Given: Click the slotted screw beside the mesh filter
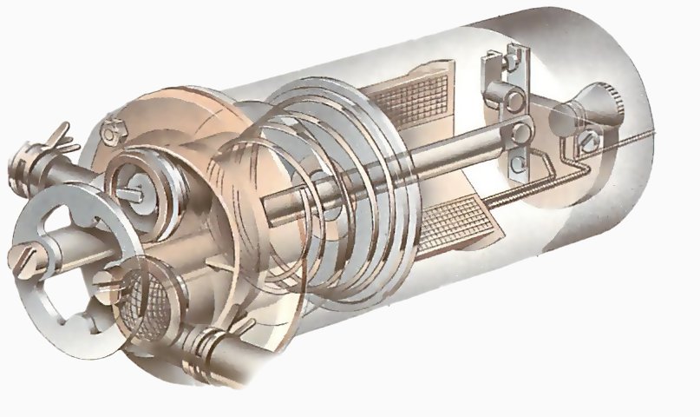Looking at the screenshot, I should (x=105, y=280).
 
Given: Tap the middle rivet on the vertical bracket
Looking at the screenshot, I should (x=520, y=133).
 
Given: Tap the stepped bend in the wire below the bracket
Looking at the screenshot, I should (x=568, y=160).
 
